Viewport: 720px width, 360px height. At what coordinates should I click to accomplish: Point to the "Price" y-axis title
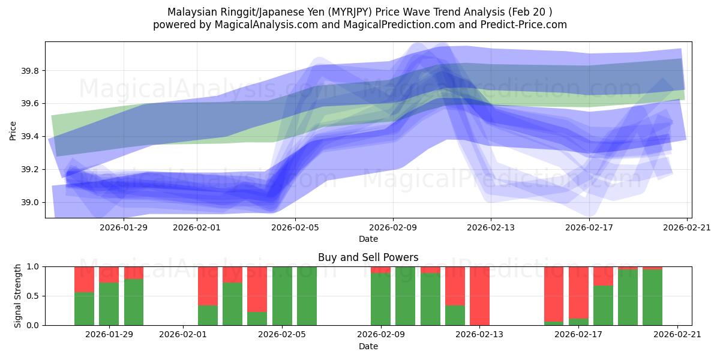(x=13, y=130)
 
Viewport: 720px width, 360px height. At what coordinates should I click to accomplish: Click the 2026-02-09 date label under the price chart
(x=393, y=227)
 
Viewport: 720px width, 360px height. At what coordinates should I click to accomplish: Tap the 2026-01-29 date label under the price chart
(x=124, y=227)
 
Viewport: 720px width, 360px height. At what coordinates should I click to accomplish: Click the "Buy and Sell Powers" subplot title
(x=368, y=257)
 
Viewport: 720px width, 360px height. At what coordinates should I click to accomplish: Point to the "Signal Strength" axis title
(x=18, y=296)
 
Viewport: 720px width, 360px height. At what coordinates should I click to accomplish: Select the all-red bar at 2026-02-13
(x=479, y=296)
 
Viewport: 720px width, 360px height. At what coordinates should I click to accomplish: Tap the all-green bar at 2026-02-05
(x=282, y=296)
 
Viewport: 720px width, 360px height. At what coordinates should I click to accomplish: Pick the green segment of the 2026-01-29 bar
(x=109, y=304)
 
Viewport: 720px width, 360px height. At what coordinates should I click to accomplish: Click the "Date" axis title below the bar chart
(x=368, y=346)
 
